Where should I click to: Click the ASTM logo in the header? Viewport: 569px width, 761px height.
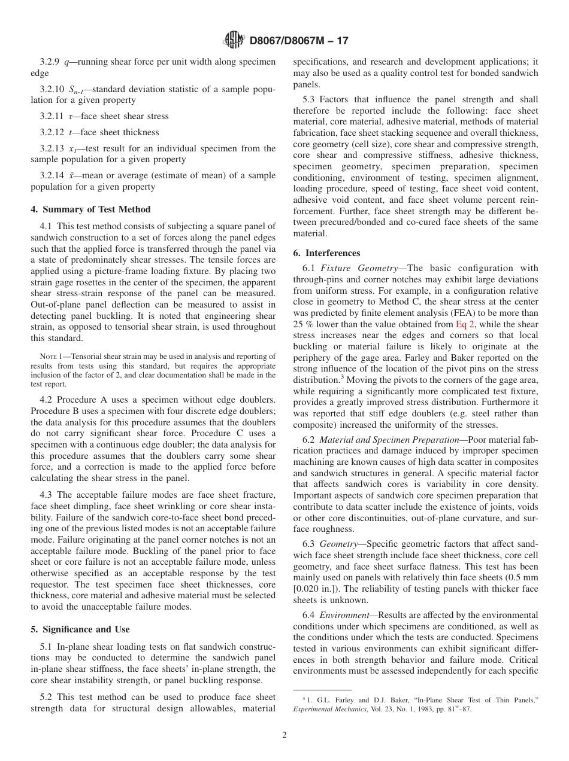[x=234, y=40]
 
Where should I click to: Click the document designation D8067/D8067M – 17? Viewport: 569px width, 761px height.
[x=298, y=41]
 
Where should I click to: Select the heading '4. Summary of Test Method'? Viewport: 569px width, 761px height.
[x=90, y=209]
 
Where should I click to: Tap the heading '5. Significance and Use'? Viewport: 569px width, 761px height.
[x=80, y=629]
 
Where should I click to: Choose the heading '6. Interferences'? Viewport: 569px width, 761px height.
[x=326, y=252]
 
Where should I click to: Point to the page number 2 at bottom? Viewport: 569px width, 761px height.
[x=284, y=735]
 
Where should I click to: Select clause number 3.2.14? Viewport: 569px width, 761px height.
[x=52, y=175]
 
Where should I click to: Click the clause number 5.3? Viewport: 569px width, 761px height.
[x=310, y=100]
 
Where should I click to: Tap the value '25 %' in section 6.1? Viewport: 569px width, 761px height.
[x=302, y=325]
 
